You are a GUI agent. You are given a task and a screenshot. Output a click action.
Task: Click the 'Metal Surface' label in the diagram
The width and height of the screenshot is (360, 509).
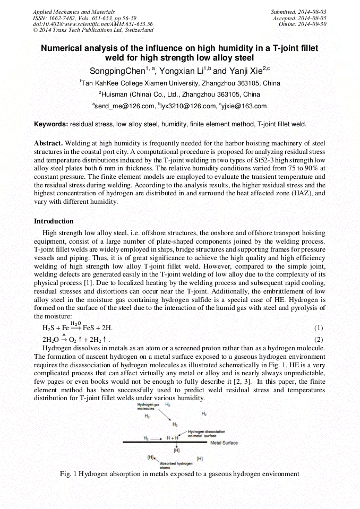click(x=224, y=443)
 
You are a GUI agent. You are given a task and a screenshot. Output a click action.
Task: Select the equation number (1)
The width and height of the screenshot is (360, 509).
click(x=319, y=328)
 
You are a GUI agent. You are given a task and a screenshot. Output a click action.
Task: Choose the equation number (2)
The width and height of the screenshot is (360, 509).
click(x=319, y=339)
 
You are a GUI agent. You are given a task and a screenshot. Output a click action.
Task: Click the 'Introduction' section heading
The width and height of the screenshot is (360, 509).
click(x=54, y=221)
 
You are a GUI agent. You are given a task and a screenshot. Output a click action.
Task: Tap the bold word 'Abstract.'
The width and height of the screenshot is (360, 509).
click(x=48, y=144)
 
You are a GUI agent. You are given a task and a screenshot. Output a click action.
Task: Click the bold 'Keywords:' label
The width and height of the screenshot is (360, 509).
click(x=51, y=124)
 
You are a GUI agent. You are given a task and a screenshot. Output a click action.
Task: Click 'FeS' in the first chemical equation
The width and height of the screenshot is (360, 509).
click(x=90, y=328)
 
